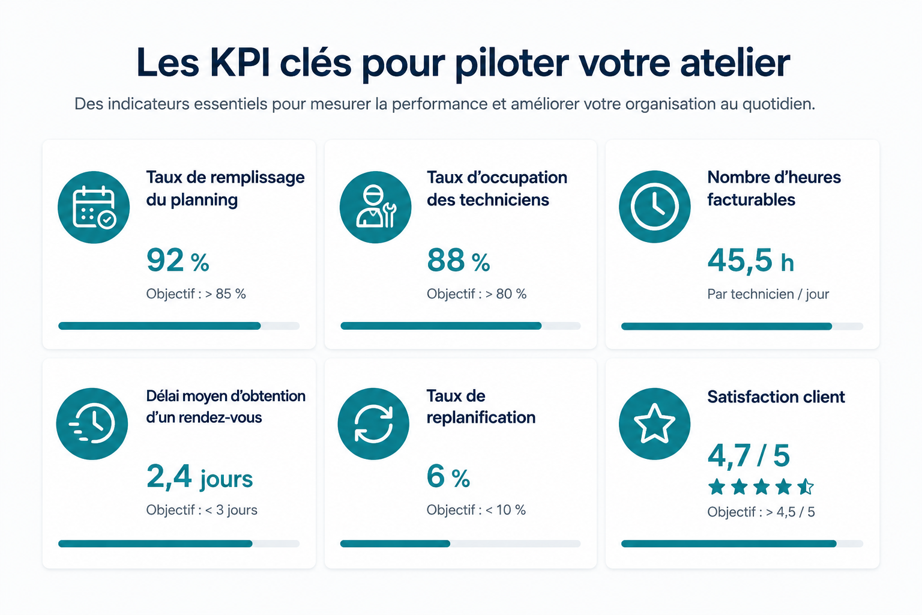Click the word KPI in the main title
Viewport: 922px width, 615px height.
(240, 62)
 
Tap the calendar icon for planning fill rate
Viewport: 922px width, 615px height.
(94, 207)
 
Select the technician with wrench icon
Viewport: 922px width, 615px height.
(375, 207)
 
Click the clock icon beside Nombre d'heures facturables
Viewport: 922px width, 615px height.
(654, 207)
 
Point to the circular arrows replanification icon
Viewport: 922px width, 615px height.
(373, 424)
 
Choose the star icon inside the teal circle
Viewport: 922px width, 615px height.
(654, 423)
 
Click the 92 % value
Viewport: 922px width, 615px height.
(178, 260)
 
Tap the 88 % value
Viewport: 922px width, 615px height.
(459, 260)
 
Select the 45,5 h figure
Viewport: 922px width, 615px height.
(750, 260)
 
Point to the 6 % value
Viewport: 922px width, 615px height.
(448, 477)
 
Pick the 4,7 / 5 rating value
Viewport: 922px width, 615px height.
(749, 456)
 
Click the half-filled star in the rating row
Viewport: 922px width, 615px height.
(805, 487)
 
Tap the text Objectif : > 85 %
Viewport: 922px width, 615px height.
(196, 294)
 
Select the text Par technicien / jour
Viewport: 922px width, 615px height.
(768, 294)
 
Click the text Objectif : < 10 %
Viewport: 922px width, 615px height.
(476, 510)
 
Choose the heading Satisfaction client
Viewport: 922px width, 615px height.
(776, 397)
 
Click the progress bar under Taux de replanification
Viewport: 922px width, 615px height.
(460, 544)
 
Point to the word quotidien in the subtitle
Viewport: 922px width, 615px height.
(779, 105)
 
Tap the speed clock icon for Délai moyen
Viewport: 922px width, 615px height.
(92, 424)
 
